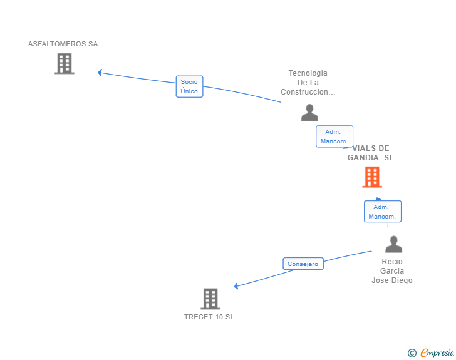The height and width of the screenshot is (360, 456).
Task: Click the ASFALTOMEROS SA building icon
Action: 64,63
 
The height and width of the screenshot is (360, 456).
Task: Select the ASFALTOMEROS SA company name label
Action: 63,44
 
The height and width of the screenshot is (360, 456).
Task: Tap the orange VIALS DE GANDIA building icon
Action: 372,177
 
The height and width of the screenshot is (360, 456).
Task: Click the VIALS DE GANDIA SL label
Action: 371,153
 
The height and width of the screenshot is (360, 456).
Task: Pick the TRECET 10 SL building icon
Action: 210,299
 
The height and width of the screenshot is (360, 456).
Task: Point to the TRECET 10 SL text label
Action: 209,317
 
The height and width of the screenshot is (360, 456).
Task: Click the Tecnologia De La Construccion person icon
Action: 309,113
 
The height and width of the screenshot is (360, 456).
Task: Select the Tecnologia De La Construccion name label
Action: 308,83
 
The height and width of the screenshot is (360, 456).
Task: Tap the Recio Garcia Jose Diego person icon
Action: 393,244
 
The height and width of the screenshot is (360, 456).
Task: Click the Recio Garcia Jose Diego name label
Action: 392,271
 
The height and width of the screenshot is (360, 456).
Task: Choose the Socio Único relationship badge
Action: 189,86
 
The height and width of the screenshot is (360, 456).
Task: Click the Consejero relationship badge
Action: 303,264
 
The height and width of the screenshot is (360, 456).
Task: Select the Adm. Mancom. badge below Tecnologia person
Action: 334,136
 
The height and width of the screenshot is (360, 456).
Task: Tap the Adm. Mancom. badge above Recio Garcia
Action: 382,212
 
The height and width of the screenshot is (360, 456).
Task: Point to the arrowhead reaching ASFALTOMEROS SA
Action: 100,73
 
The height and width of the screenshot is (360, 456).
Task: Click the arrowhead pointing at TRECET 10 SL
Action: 237,286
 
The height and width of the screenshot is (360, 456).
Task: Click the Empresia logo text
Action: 437,353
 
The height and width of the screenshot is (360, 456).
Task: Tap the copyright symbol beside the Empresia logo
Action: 412,353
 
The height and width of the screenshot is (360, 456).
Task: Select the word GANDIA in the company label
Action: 363,158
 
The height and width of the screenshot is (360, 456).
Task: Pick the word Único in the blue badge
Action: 189,91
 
